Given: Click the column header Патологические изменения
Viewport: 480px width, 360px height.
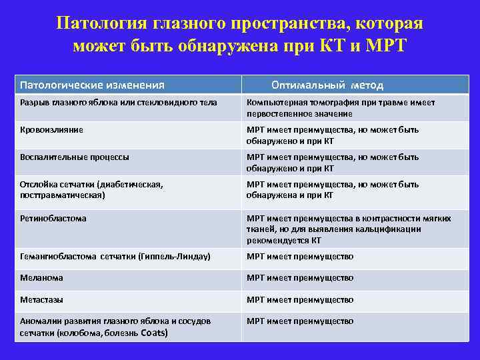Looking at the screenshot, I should pos(92,85).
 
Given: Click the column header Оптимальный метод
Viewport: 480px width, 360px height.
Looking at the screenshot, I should pos(327,85).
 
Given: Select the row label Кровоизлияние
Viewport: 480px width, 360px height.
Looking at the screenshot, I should pos(51,130).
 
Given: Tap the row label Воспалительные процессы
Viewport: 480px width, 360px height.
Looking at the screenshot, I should pos(74,157).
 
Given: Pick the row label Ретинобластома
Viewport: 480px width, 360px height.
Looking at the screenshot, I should pos(53,218).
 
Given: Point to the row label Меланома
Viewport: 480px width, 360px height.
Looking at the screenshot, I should pos(41,278).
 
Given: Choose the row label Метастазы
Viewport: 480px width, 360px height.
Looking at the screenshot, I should pos(41,299).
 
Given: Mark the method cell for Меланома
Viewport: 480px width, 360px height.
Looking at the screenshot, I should pos(300,278).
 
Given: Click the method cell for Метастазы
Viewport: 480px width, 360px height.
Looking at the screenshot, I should pos(300,299).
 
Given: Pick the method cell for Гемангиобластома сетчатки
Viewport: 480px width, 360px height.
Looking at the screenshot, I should pos(300,257).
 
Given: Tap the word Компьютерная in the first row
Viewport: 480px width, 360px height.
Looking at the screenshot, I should pos(274,103).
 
